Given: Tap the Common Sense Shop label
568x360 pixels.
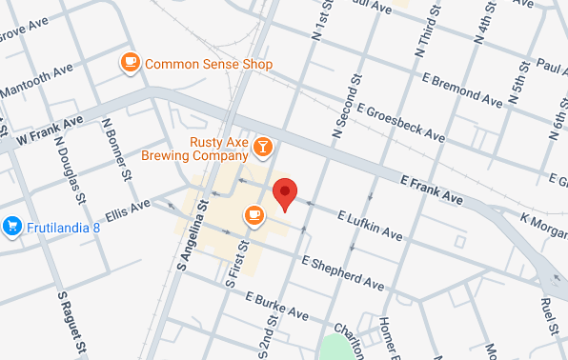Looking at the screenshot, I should [x=209, y=64].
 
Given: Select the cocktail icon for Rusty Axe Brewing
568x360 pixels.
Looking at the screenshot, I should [x=263, y=147].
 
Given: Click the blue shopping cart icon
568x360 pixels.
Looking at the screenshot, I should [x=12, y=226].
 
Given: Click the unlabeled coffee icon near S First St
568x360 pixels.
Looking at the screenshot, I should [x=254, y=215].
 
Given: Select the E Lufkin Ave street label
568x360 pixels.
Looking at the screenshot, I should [x=369, y=226].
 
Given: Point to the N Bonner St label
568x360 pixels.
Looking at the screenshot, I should [x=117, y=150].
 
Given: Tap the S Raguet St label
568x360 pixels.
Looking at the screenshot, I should [x=71, y=316].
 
